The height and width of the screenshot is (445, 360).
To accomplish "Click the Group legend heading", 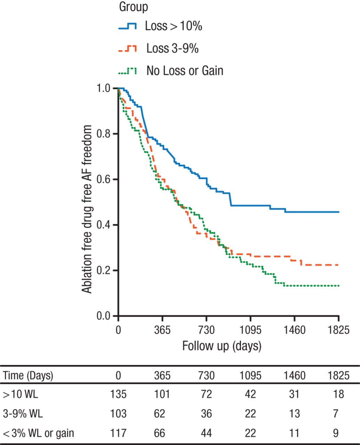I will pyautogui.click(x=134, y=7).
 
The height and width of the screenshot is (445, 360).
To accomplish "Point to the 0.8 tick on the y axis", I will pyautogui.click(x=103, y=134).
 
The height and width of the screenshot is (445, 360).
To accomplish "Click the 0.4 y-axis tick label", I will pyautogui.click(x=103, y=225).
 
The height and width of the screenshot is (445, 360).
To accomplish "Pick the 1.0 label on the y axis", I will pyautogui.click(x=103, y=88).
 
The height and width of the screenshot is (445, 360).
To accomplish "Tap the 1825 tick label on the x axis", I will pyautogui.click(x=338, y=329).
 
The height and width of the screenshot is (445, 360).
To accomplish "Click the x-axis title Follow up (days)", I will pyautogui.click(x=222, y=346).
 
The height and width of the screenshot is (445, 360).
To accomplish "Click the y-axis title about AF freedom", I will pyautogui.click(x=87, y=209).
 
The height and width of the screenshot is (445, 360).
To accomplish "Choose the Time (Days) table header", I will pyautogui.click(x=28, y=376).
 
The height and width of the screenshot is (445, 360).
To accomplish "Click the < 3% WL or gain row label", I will pyautogui.click(x=38, y=433).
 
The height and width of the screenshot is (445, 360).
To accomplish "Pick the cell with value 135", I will pyautogui.click(x=118, y=394).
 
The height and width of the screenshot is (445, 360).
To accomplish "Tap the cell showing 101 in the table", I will pyautogui.click(x=162, y=394).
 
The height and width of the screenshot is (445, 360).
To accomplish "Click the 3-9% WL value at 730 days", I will pyautogui.click(x=206, y=414).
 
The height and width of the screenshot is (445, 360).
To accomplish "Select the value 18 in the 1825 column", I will pyautogui.click(x=338, y=394).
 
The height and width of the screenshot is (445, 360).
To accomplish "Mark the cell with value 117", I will pyautogui.click(x=118, y=433).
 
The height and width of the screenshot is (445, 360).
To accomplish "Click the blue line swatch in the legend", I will pyautogui.click(x=127, y=26).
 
